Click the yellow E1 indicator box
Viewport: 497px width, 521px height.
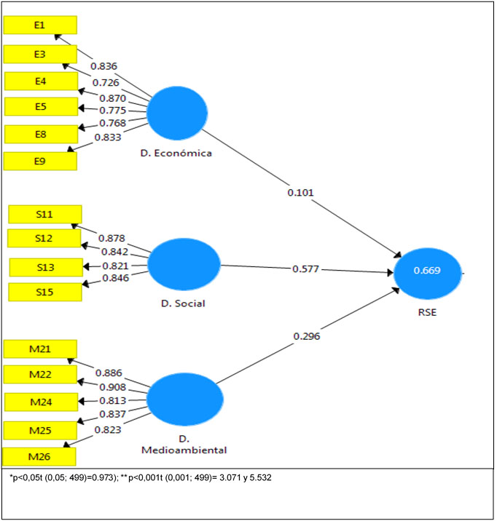pos(40,25)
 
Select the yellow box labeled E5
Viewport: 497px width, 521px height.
pos(41,106)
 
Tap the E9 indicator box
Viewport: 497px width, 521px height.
pos(41,161)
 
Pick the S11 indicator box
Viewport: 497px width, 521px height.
pos(45,214)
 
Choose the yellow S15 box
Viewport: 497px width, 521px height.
pos(45,292)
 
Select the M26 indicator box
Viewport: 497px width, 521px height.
pos(39,457)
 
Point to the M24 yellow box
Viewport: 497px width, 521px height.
pos(40,402)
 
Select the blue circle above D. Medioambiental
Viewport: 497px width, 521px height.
pos(185,399)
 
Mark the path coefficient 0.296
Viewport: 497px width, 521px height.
pos(307,336)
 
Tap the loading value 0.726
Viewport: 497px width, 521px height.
pos(106,83)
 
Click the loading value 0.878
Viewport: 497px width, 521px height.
pos(111,238)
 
